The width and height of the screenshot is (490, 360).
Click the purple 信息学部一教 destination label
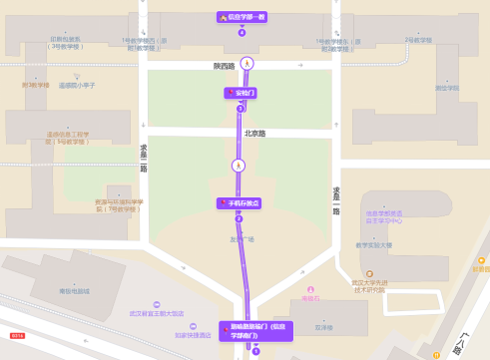coord(242,17)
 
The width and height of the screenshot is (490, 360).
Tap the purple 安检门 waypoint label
coord(241,93)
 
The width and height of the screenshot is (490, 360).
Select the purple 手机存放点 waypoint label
coord(240,203)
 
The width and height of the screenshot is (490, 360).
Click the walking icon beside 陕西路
coord(246,64)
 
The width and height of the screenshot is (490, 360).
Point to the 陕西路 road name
coord(225,66)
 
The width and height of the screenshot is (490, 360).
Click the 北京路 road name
coord(255,133)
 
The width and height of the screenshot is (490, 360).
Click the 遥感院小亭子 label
coord(76,85)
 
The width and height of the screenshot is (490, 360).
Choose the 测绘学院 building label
coord(446,88)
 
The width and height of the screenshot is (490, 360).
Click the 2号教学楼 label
coord(418,40)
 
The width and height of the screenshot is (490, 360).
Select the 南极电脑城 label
coord(74,291)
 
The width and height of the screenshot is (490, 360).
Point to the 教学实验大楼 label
coord(374,244)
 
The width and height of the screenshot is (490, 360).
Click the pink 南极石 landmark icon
coord(310,289)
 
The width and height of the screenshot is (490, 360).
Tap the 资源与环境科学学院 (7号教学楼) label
coord(119,204)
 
